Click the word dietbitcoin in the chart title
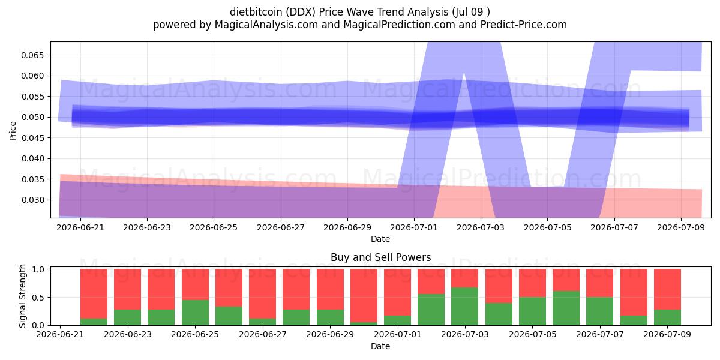click(256, 12)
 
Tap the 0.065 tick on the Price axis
click(32, 55)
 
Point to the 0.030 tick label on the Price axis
click(32, 200)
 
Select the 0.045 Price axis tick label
click(32, 138)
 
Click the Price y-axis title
click(13, 131)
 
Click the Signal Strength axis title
click(22, 296)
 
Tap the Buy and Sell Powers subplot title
click(380, 257)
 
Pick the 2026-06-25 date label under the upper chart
click(214, 227)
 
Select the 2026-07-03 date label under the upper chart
click(481, 227)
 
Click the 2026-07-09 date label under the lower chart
click(667, 334)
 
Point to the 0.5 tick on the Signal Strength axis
click(38, 298)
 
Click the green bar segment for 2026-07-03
click(464, 307)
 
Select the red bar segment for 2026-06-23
click(128, 289)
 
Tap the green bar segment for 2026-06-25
click(195, 313)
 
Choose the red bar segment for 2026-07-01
click(397, 292)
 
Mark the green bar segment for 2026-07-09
click(667, 317)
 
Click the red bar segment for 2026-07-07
click(599, 283)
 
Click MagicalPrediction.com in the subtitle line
click(399, 25)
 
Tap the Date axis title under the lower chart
click(380, 346)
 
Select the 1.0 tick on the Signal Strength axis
click(38, 269)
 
